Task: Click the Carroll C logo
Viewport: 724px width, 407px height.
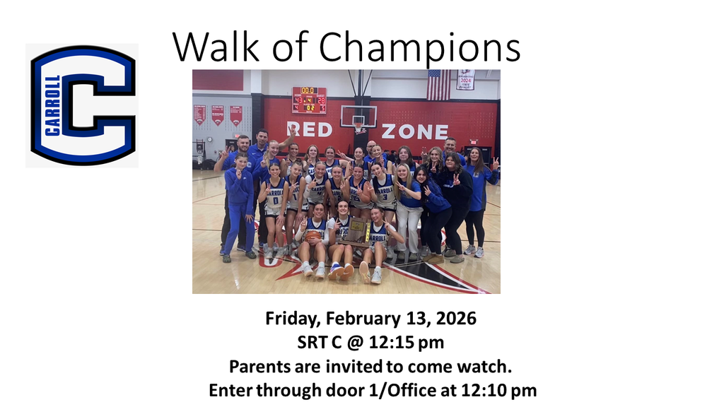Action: tap(82, 105)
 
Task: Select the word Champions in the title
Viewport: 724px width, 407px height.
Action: tap(420, 48)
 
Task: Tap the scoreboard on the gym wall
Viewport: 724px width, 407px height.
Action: tap(309, 100)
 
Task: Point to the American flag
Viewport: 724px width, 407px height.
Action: tap(438, 84)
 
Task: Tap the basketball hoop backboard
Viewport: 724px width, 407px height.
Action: tap(358, 116)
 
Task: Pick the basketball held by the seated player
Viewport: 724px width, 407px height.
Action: tap(313, 237)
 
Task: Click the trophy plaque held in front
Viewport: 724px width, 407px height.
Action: tap(357, 230)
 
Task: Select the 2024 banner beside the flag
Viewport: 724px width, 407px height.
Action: tap(466, 79)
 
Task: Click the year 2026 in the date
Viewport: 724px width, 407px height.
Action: tap(457, 319)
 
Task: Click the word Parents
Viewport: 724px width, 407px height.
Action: tap(255, 367)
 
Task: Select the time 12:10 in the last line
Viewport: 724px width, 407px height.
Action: tap(489, 390)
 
